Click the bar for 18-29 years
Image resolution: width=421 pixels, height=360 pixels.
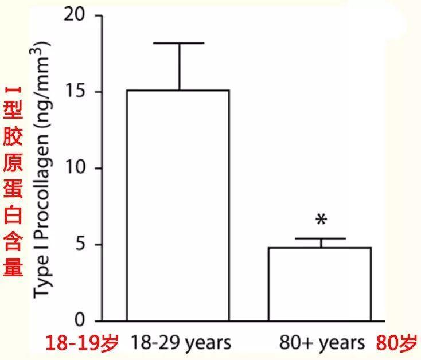click(x=178, y=205)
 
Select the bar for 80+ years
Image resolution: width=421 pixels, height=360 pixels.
click(x=320, y=284)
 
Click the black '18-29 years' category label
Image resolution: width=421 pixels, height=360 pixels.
click(x=181, y=343)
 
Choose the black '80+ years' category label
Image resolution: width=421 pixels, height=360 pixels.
click(x=322, y=343)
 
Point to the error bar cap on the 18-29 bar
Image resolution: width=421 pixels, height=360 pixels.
click(x=180, y=43)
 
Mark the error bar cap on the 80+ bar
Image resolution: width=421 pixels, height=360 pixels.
click(x=321, y=238)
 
